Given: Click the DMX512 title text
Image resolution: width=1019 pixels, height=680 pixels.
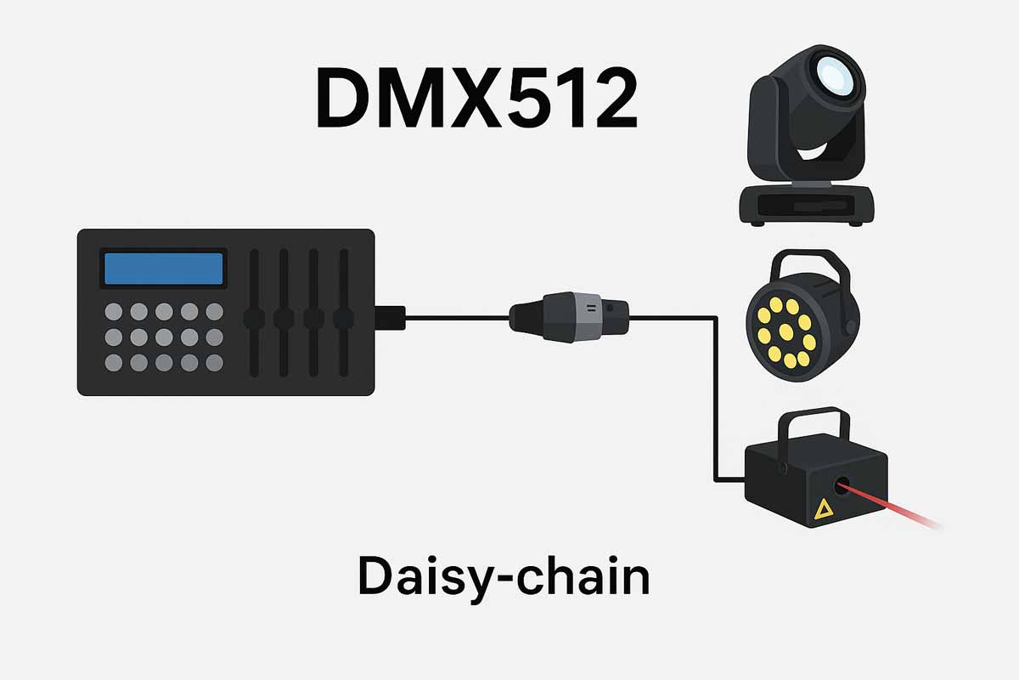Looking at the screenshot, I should click(476, 100).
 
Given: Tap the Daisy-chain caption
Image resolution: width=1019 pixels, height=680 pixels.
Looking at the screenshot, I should click(504, 576).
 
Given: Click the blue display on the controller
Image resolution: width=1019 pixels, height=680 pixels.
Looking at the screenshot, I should click(163, 269).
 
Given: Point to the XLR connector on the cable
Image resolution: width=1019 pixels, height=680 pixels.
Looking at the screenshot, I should click(570, 317).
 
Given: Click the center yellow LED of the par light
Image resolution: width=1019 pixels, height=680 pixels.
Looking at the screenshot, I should click(785, 331).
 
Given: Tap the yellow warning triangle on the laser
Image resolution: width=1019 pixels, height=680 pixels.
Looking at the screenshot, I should click(822, 509).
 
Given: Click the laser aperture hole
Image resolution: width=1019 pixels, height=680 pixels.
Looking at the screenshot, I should click(842, 486).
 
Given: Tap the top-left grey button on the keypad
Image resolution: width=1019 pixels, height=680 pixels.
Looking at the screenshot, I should click(113, 312).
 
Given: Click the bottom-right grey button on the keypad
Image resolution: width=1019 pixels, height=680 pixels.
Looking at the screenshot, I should click(214, 362).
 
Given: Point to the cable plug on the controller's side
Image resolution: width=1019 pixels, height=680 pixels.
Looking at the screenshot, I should click(391, 317).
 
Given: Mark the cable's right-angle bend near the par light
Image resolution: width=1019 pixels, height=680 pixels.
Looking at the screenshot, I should click(717, 319).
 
